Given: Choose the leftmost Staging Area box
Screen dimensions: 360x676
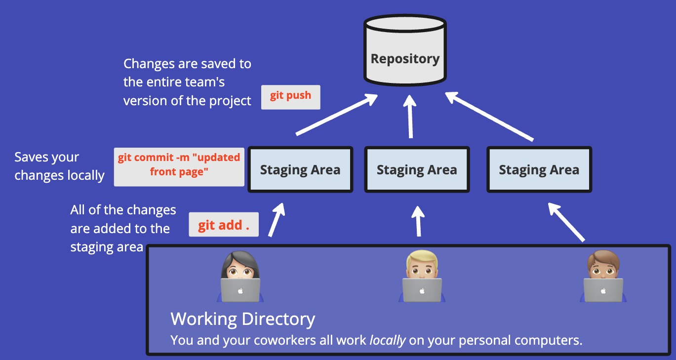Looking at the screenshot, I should point(300,170).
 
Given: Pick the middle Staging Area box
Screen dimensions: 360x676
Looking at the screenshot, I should point(417,170).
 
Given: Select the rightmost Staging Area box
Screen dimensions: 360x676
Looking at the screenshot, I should point(539,170).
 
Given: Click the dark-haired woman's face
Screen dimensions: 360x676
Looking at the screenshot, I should point(240,267).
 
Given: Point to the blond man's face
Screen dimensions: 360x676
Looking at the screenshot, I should point(422,267).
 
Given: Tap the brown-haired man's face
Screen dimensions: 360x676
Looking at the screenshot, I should point(603,267).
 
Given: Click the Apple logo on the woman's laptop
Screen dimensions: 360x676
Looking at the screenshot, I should point(240,291).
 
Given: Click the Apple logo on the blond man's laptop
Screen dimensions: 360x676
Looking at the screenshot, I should point(422,291).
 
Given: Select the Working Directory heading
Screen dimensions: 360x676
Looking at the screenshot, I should point(242,319).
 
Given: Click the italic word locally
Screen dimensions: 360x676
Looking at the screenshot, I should point(388,340).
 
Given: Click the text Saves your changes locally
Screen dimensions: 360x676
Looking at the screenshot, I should point(59,166).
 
